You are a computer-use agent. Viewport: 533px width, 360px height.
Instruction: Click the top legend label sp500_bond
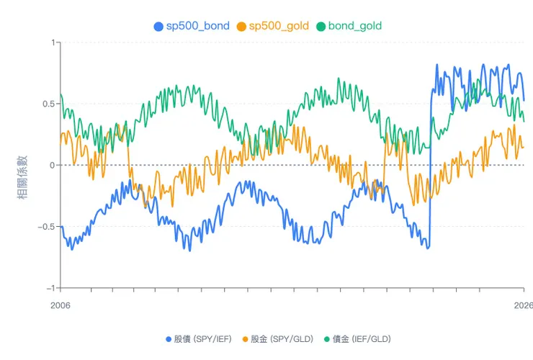point(198,26)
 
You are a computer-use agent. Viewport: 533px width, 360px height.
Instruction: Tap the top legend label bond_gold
point(354,26)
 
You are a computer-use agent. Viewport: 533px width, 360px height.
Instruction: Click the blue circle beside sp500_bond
point(159,26)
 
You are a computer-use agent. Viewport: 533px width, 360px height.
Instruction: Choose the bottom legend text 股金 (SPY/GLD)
point(281,338)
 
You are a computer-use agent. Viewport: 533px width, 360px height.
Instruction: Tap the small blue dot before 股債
point(168,338)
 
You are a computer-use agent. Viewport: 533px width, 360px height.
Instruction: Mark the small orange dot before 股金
point(245,338)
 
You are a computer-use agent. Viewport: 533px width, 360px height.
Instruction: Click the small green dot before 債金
point(326,338)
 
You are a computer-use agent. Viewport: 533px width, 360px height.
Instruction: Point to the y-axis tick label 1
point(53,42)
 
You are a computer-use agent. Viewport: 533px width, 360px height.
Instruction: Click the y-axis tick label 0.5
point(48,104)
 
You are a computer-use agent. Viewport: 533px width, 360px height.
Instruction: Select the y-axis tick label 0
point(53,165)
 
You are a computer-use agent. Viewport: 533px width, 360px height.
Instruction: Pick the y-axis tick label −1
point(50,288)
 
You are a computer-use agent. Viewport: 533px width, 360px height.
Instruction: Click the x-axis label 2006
point(61,305)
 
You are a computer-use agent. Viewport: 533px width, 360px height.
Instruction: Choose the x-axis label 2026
point(523,305)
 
